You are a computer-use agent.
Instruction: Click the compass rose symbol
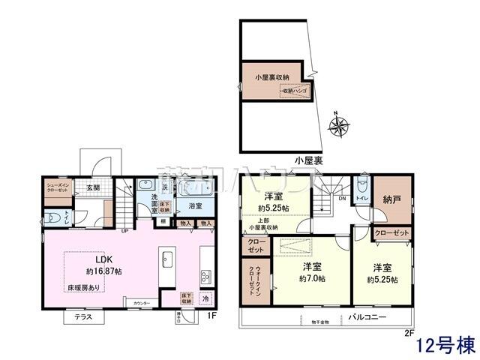pyautogui.click(x=339, y=127)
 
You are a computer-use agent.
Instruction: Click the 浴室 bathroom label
pyautogui.click(x=195, y=205)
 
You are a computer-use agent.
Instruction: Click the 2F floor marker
pyautogui.click(x=409, y=333)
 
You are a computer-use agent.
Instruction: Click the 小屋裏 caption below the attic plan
pyautogui.click(x=308, y=160)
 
